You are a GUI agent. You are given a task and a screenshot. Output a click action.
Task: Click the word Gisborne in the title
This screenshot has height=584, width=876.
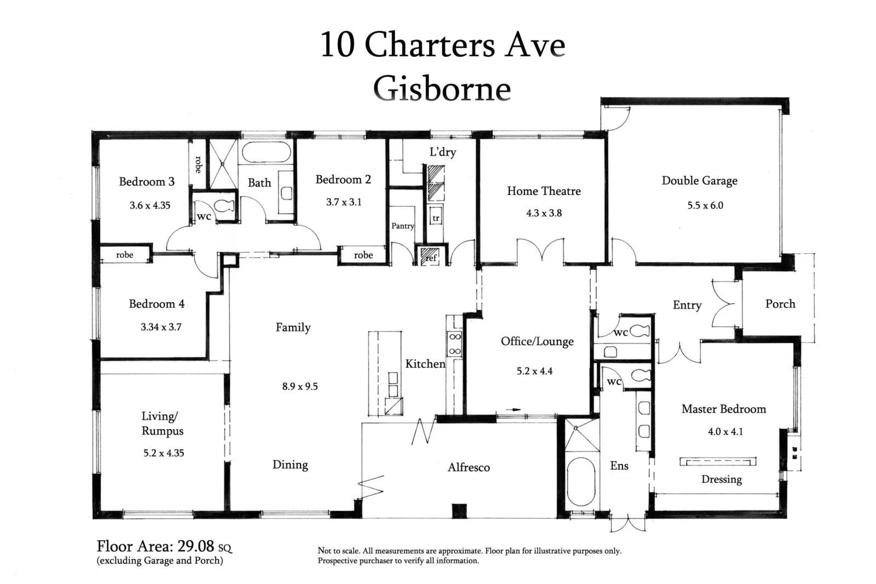(442, 89)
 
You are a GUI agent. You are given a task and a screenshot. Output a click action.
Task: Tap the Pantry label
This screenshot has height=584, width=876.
(402, 226)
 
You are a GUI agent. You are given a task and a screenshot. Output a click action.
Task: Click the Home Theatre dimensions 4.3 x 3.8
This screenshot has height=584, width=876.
(544, 213)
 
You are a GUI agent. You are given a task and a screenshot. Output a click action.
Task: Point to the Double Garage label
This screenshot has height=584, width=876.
(699, 181)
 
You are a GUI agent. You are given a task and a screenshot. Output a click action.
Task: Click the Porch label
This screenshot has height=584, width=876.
(780, 304)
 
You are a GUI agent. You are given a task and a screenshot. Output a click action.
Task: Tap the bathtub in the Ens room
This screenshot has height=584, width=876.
(581, 482)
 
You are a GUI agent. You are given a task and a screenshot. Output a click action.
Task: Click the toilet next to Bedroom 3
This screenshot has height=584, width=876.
(224, 206)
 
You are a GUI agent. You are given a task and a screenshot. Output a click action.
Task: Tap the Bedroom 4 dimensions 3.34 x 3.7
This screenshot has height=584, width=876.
(160, 327)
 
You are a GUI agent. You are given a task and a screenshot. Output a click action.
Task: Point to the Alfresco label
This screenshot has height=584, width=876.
(469, 467)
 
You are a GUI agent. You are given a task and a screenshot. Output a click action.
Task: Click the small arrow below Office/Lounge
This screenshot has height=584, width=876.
(512, 409)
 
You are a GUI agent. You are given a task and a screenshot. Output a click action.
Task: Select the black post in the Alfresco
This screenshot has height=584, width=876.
(459, 510)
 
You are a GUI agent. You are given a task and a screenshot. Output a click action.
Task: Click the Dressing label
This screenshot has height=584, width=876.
(721, 479)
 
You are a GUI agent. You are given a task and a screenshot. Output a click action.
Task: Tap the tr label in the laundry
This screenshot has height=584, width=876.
(436, 218)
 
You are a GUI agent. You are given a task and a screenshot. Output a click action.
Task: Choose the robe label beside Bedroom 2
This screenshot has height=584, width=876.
(363, 255)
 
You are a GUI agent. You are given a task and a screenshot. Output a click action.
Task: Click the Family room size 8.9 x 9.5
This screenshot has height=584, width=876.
(299, 386)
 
